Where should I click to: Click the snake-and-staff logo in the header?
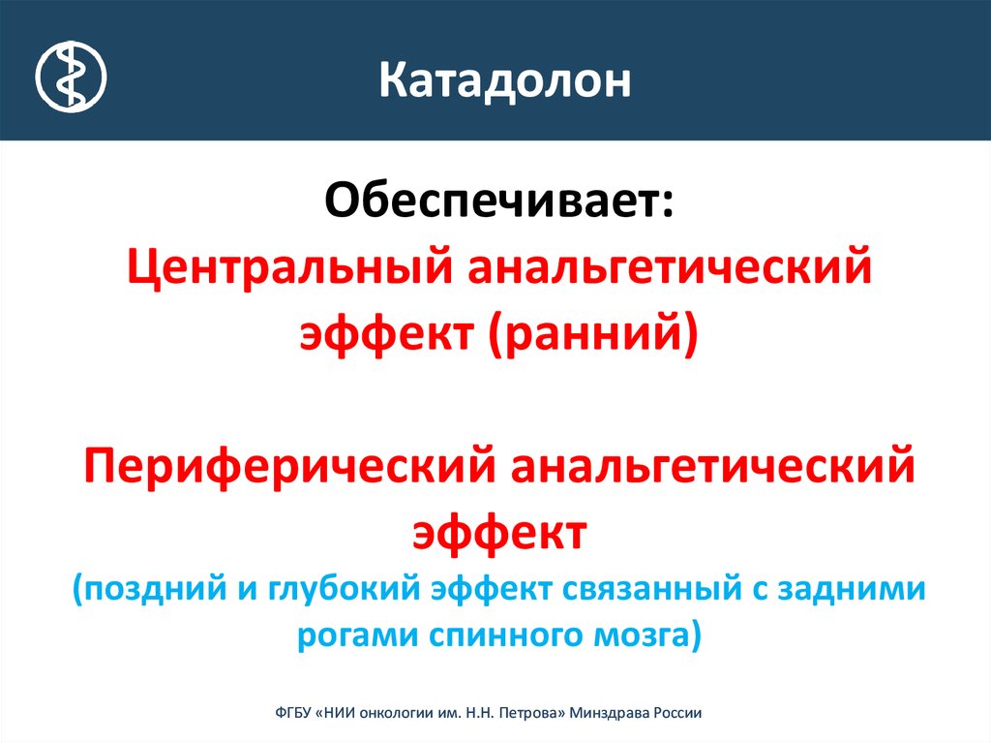tap(71, 77)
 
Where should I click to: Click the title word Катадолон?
tap(505, 80)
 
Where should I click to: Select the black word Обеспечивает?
tap(499, 200)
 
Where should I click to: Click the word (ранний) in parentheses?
tap(594, 333)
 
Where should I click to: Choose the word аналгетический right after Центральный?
tap(670, 267)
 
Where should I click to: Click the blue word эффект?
tap(492, 589)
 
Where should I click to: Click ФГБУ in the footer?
tap(292, 713)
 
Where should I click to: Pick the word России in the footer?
tap(676, 713)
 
